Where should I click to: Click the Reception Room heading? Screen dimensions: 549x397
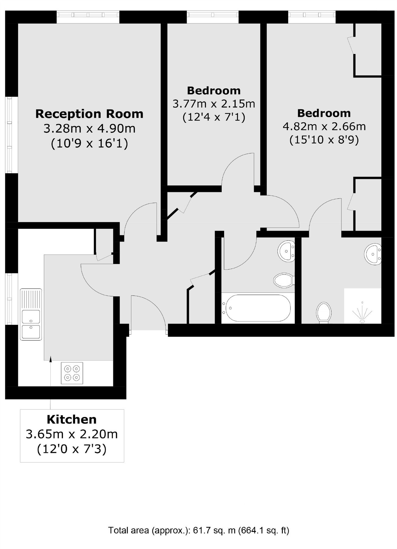(89, 114)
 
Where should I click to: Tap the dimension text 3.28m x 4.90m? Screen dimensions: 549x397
(89, 128)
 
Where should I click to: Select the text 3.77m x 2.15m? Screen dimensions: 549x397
(214, 104)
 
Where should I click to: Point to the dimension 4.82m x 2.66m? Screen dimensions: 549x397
(324, 126)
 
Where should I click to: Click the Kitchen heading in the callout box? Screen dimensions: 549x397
(72, 420)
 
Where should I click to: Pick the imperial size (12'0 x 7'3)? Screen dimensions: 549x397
(72, 449)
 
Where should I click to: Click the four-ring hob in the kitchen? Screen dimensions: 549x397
(72, 373)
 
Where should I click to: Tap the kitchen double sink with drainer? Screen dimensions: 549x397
(31, 314)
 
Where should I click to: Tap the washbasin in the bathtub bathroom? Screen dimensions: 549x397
(286, 251)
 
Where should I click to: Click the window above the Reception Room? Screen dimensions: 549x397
(88, 17)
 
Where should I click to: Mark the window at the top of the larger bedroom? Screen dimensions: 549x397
(312, 16)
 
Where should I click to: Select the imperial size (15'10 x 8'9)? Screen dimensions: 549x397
(324, 140)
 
